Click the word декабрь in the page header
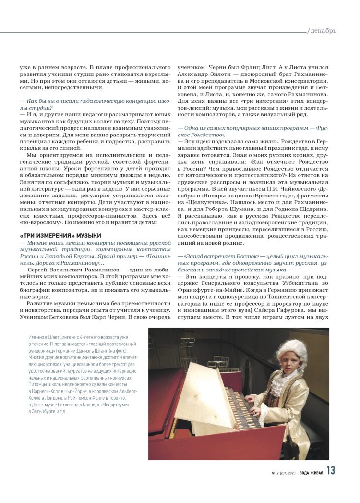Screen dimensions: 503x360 tap(324, 31)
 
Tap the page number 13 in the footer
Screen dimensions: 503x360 tap(331, 471)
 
